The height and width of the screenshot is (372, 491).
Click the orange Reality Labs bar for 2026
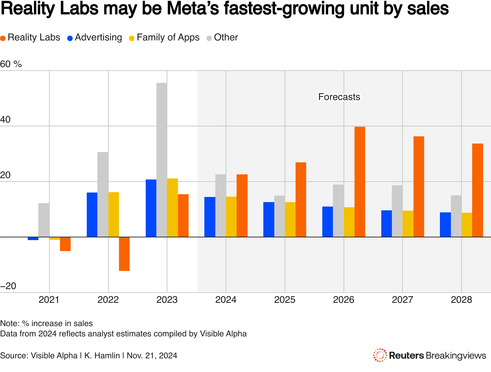pos(360,182)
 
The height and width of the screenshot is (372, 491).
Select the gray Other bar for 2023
pos(162,160)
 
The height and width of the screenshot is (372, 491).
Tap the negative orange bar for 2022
pos(124,254)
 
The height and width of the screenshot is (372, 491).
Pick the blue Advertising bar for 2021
pos(33,238)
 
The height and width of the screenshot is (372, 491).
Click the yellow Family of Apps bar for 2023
pos(172,208)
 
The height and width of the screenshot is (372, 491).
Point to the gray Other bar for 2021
pos(44,220)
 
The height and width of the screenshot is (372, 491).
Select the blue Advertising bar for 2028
pos(445,224)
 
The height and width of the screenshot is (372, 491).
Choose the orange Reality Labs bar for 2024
pos(242,206)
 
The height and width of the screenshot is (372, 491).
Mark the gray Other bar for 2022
pos(103,194)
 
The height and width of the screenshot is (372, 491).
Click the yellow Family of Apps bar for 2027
pos(408,223)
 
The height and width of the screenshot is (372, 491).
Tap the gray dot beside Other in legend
pos(209,38)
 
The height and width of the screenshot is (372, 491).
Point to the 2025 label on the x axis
pos(285,300)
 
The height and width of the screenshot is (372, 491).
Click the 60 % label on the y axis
pos(11,64)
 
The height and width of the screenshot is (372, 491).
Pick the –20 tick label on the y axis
pos(8,286)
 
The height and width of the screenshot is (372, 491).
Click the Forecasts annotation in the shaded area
pos(339,97)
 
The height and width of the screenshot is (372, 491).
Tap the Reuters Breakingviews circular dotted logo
pos(380,355)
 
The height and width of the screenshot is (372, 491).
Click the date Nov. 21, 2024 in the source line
pos(152,356)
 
